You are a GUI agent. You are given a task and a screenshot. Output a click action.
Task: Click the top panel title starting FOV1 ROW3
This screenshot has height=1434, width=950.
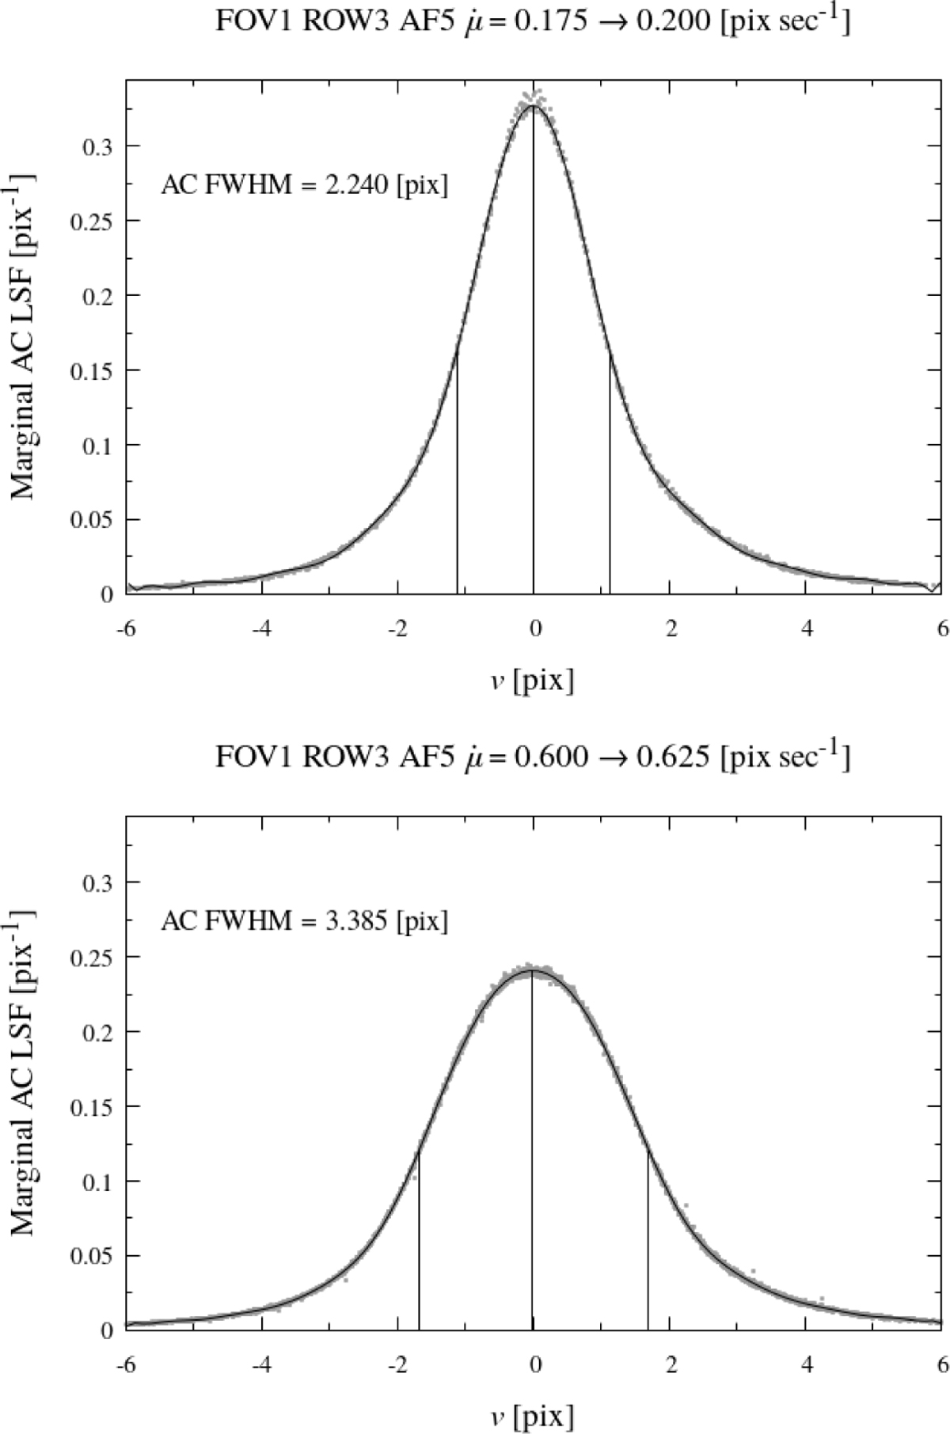[533, 21]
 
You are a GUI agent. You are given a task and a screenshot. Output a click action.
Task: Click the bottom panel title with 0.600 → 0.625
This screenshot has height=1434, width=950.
[533, 757]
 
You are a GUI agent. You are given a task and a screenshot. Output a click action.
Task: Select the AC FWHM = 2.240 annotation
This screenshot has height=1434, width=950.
[304, 186]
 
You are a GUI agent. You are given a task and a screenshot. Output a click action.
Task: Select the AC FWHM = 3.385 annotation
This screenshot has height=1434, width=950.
[304, 921]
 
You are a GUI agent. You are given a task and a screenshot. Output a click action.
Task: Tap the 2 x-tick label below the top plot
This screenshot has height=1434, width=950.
[671, 629]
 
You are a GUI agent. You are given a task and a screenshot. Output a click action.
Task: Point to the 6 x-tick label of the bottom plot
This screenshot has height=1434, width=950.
[940, 1364]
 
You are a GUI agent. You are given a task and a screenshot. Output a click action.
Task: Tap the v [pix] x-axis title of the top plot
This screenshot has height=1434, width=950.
[533, 679]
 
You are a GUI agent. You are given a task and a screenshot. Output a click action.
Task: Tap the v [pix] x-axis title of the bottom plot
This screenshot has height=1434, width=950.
[533, 1414]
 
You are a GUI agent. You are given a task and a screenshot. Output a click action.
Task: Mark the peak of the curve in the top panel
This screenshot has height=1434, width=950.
[533, 106]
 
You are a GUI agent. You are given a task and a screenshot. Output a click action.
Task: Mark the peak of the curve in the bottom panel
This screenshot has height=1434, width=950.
[532, 970]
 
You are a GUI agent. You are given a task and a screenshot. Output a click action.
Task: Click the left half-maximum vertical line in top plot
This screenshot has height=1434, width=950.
[458, 475]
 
